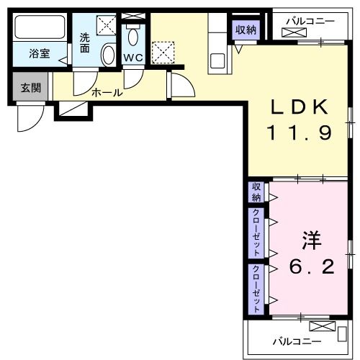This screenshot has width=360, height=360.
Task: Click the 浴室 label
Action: (39, 53)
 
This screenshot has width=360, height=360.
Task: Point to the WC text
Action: (132, 57)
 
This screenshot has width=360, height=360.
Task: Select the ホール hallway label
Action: (106, 92)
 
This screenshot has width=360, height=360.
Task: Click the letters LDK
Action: (300, 107)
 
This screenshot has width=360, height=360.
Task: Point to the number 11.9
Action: (300, 133)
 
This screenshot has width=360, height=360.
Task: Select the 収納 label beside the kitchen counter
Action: (246, 30)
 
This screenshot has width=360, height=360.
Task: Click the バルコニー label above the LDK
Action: (310, 22)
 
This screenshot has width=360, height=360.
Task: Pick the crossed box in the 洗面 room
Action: (107, 24)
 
